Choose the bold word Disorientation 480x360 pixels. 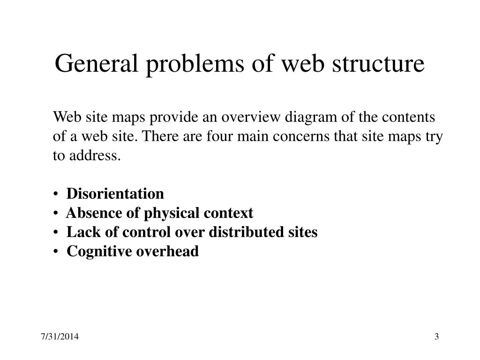tap(115, 194)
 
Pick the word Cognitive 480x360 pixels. tap(99, 252)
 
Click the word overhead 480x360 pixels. tap(167, 252)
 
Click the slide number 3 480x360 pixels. tap(436, 337)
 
